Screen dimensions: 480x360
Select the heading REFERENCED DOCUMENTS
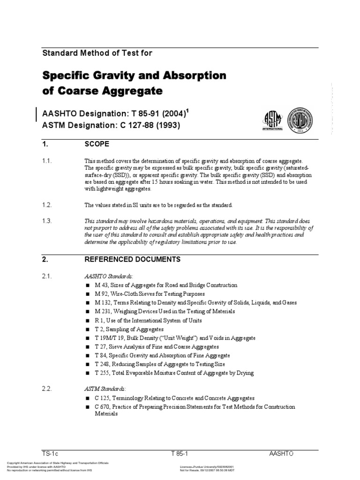coord(132,259)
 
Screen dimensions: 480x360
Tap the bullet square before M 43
coord(87,285)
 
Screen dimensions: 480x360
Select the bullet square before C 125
coord(87,398)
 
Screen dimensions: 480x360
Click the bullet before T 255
coord(87,373)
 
